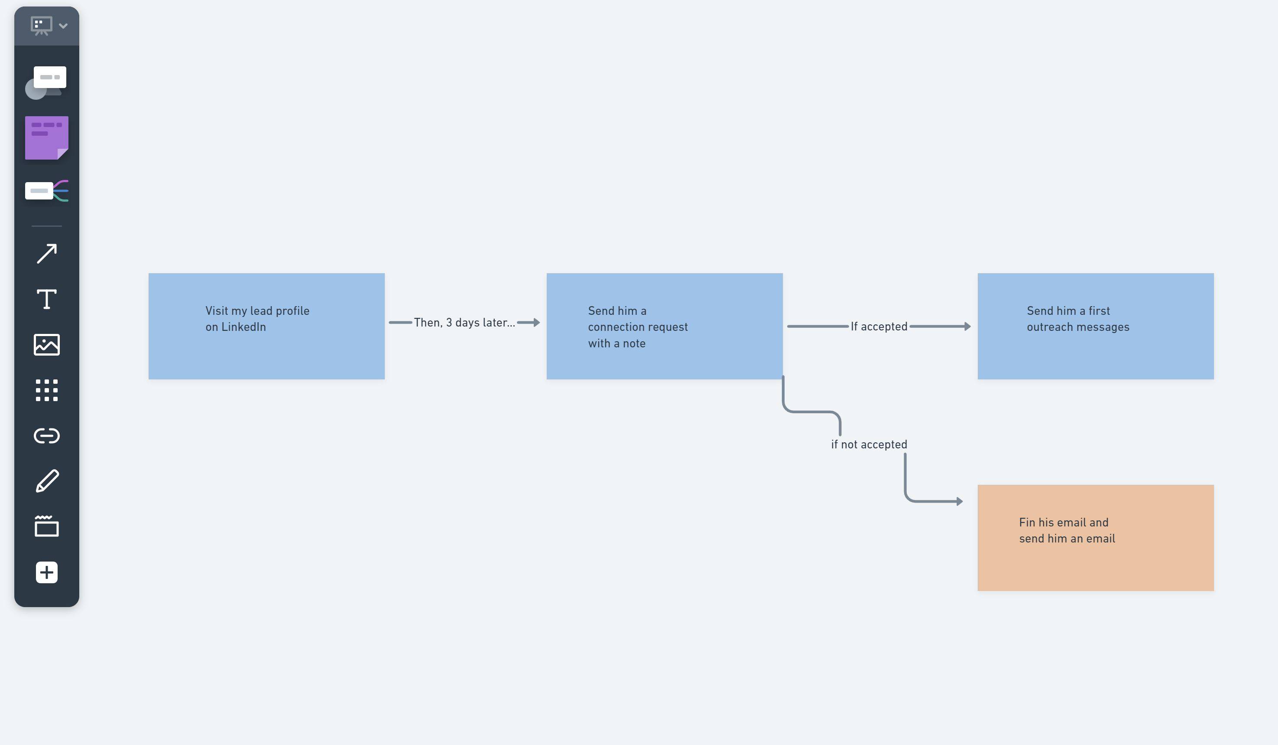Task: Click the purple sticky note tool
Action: (x=46, y=138)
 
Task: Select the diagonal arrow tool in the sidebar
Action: (x=46, y=253)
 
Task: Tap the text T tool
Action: (x=46, y=299)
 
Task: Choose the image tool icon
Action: (x=46, y=345)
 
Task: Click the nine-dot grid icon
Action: (x=46, y=390)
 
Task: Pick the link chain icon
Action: (x=46, y=435)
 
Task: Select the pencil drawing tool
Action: (x=46, y=481)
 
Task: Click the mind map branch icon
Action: (x=46, y=191)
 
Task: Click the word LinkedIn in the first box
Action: (x=243, y=327)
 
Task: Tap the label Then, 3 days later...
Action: (x=464, y=323)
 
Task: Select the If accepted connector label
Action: (x=879, y=327)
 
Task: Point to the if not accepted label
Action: (x=869, y=444)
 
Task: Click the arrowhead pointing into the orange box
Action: (x=959, y=501)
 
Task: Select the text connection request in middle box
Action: (x=637, y=327)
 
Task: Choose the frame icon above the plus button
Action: (x=46, y=526)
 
